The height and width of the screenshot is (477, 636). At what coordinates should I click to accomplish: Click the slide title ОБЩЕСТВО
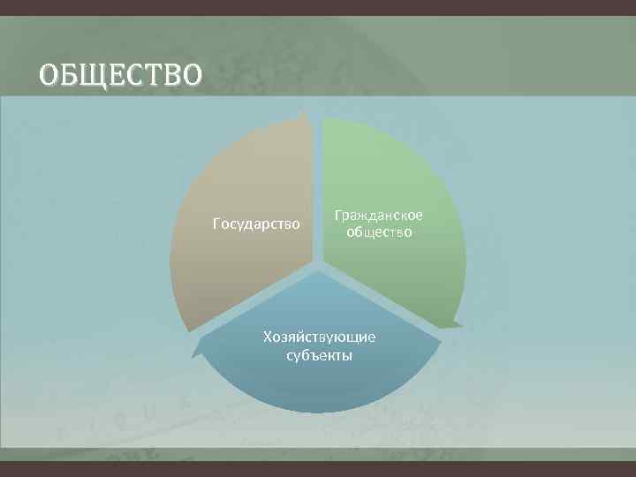point(120,75)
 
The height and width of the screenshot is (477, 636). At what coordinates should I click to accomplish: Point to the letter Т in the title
point(155,75)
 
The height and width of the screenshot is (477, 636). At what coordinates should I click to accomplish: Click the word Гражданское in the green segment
point(378,216)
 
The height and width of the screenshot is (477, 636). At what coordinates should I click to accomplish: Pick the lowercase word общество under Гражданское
point(378,232)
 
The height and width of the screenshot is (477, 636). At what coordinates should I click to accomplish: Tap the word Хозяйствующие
point(319,337)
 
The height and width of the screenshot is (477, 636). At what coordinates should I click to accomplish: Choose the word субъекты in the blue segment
point(319,355)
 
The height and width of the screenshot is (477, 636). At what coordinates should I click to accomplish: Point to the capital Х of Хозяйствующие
point(267,337)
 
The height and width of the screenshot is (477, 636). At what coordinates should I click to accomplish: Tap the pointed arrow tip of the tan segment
point(304,113)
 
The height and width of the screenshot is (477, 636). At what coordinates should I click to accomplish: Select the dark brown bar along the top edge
point(318,6)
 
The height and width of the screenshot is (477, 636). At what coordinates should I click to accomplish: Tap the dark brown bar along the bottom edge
point(318,469)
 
